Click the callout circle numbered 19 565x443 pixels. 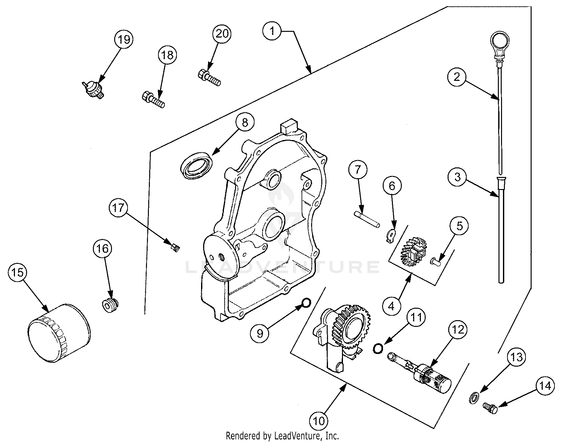tap(124, 39)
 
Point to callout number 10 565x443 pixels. tap(319, 421)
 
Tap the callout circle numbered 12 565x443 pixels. tap(458, 330)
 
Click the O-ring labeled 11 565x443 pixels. tap(378, 348)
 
